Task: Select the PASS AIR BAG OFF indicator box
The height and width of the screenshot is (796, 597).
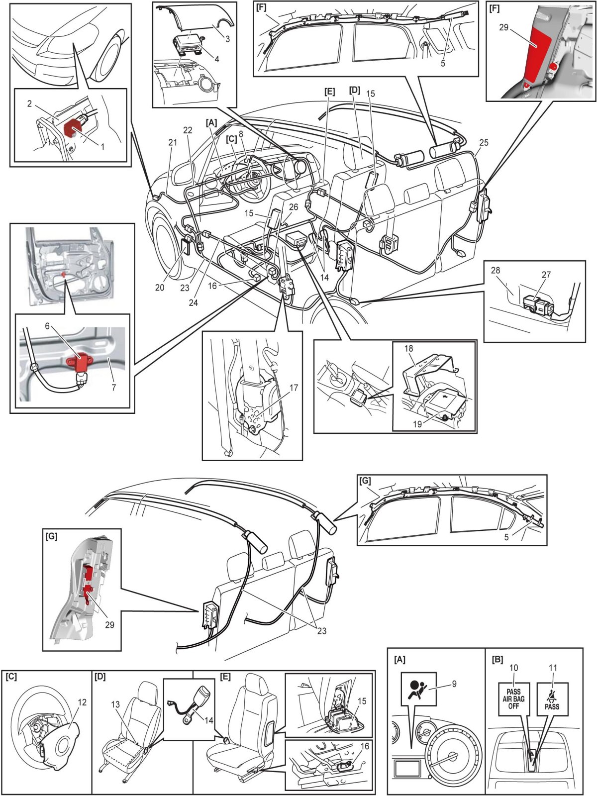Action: (513, 698)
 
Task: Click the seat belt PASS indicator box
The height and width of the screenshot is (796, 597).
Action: (552, 698)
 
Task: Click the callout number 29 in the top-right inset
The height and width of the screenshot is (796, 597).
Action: (503, 27)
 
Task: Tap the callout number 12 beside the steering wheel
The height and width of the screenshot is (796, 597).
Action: (82, 702)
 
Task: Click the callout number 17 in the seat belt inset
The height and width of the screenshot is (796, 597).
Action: (294, 388)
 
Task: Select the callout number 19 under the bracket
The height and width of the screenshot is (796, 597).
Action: (417, 424)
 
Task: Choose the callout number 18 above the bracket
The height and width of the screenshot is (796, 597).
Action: (409, 348)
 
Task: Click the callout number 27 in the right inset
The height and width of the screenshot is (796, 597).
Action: (546, 274)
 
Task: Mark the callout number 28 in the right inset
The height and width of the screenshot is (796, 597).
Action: (495, 270)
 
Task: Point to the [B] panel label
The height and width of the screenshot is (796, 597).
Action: (497, 660)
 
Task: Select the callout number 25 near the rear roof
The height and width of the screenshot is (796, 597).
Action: (484, 143)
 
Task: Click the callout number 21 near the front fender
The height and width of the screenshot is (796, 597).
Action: (172, 143)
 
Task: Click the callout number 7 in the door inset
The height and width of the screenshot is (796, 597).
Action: (113, 388)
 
